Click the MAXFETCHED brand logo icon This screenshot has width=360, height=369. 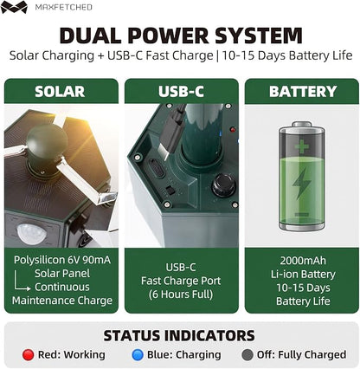pyautogui.click(x=14, y=7)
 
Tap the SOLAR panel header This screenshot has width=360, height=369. pyautogui.click(x=61, y=91)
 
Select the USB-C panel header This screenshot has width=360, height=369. pyautogui.click(x=182, y=91)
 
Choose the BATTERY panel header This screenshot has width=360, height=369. pyautogui.click(x=302, y=91)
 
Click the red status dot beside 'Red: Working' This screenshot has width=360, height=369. pyautogui.click(x=28, y=355)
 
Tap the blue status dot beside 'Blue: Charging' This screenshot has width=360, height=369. pyautogui.click(x=138, y=355)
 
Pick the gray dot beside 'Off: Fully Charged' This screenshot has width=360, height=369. pyautogui.click(x=247, y=355)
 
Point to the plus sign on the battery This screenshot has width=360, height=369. pyautogui.click(x=302, y=146)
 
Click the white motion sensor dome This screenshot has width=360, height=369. pyautogui.click(x=31, y=233)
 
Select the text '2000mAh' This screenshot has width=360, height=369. pyautogui.click(x=303, y=261)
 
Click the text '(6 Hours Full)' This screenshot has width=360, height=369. pyautogui.click(x=181, y=295)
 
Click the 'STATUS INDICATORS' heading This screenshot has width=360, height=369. pyautogui.click(x=179, y=335)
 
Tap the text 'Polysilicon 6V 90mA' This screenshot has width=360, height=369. pyautogui.click(x=62, y=260)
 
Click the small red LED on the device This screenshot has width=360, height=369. pyautogui.click(x=233, y=129)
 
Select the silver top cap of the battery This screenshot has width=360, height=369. pyautogui.click(x=302, y=125)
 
